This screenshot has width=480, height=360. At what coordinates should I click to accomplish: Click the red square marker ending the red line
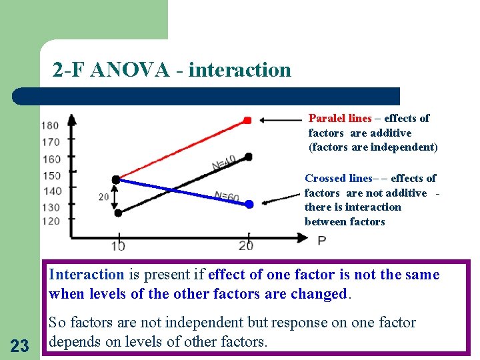click(247, 121)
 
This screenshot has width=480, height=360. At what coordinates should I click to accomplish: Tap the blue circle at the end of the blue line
click(249, 205)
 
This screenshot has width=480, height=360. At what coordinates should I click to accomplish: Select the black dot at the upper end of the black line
click(249, 157)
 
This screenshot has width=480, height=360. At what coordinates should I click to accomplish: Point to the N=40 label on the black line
click(224, 163)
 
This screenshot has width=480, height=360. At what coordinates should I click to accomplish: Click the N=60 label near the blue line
click(227, 197)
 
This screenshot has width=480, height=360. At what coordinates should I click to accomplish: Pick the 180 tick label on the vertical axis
click(49, 125)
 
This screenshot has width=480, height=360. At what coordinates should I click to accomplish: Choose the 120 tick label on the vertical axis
click(49, 221)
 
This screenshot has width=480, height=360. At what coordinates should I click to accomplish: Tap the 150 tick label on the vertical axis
click(49, 175)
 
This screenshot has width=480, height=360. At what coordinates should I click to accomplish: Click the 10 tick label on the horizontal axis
click(117, 245)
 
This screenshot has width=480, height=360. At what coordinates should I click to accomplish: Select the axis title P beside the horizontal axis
click(322, 240)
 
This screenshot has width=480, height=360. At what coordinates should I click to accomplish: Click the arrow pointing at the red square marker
click(280, 121)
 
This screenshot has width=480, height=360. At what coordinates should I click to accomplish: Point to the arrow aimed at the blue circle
click(281, 197)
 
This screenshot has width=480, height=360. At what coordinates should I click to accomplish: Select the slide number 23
click(20, 345)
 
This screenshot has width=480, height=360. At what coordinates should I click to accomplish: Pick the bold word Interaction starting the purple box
click(87, 275)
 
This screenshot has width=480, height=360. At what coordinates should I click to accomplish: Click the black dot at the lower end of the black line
click(118, 213)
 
